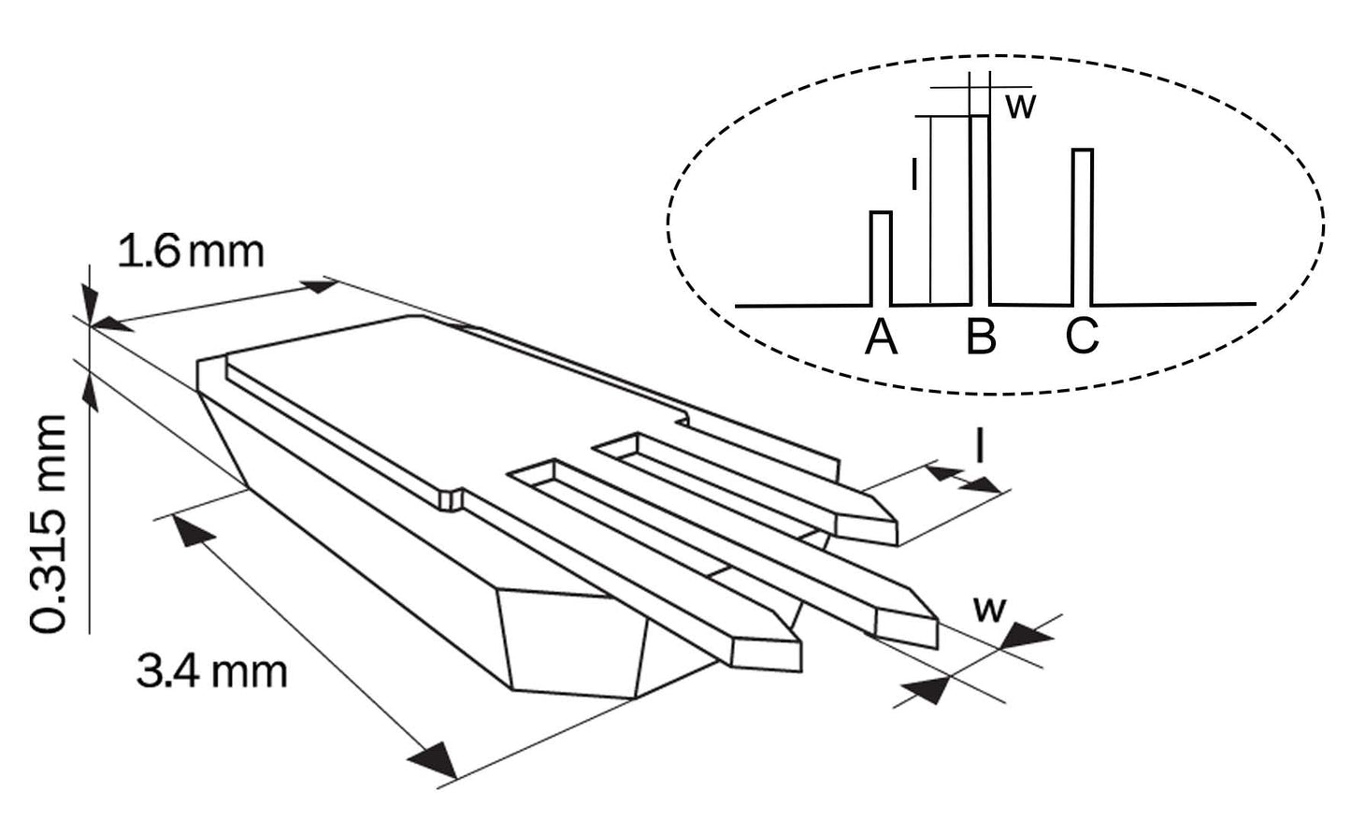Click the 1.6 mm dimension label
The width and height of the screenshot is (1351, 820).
point(191,252)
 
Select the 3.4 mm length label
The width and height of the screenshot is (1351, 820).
point(211,671)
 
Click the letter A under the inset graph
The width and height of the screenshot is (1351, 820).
point(881,338)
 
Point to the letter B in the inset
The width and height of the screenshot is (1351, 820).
point(980,338)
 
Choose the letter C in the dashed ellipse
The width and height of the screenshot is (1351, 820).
point(1081,338)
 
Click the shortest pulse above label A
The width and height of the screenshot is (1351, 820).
point(881,257)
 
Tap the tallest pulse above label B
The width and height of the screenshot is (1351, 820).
point(980,206)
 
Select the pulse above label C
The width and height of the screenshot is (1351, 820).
point(1082,224)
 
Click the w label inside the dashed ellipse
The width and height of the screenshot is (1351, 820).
point(1021,106)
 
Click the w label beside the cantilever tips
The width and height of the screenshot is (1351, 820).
point(989,609)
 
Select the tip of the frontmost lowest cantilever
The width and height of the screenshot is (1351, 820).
point(798,644)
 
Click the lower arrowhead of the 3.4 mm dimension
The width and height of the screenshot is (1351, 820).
point(436,758)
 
